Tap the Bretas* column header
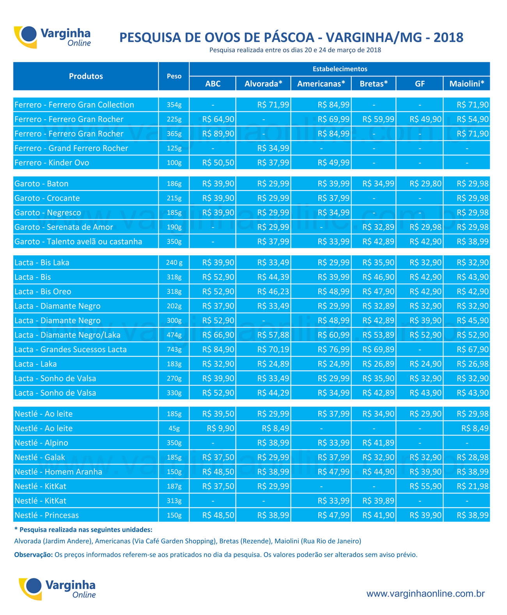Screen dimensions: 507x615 click(x=374, y=84)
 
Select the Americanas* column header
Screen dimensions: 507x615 click(x=321, y=84)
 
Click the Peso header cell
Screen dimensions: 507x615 click(x=174, y=76)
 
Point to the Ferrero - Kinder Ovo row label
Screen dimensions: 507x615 click(x=51, y=163)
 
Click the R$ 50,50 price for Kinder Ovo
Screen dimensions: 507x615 click(x=218, y=163)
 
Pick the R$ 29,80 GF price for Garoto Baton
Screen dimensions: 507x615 click(x=425, y=184)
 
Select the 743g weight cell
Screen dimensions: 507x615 click(x=174, y=350)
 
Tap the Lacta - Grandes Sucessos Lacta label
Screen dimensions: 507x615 click(x=71, y=349)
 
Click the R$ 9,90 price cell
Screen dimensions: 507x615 click(x=220, y=428)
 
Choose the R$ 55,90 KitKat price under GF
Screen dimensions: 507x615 click(x=425, y=486)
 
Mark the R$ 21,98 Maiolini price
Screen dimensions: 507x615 click(x=473, y=486)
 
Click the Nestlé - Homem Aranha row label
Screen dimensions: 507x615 click(x=58, y=472)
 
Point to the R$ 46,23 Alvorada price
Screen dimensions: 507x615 click(x=273, y=292)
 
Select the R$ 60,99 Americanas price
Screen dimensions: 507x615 click(x=333, y=335)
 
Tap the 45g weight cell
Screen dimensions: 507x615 click(x=174, y=429)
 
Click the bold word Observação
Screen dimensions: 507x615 click(x=34, y=555)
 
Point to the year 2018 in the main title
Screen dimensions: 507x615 click(x=448, y=37)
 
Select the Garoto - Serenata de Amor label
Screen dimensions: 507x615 click(x=64, y=227)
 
